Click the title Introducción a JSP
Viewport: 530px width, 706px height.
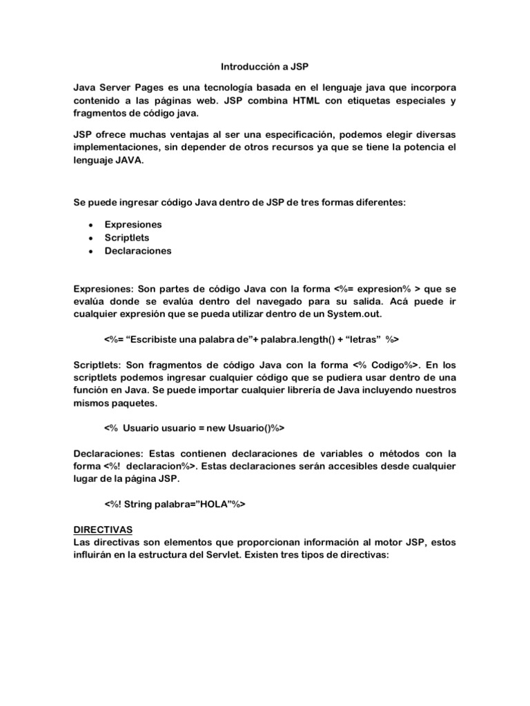[264, 68]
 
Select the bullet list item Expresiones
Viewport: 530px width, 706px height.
[132, 224]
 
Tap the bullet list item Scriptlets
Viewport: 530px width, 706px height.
[126, 237]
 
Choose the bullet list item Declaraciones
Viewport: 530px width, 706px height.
[138, 251]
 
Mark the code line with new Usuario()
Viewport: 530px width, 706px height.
[194, 428]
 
